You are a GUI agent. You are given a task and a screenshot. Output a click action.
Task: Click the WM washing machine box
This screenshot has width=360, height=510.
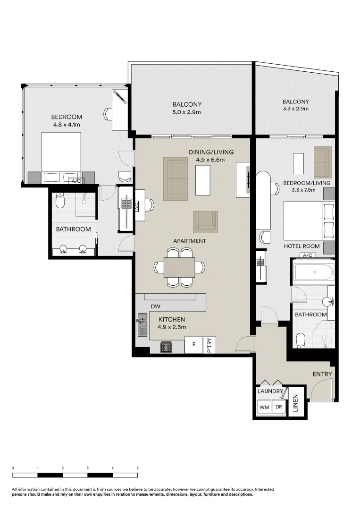[x=263, y=407]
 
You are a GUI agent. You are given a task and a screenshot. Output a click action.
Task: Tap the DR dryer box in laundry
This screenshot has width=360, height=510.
[x=278, y=407]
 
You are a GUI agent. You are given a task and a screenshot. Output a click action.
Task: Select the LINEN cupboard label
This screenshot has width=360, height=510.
[x=296, y=403]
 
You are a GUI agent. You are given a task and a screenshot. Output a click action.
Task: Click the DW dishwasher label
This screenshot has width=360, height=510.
[x=156, y=306]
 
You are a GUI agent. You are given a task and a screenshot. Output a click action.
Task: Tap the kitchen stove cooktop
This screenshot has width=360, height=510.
[x=166, y=348]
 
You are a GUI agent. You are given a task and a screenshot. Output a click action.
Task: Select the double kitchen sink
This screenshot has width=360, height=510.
[x=142, y=325]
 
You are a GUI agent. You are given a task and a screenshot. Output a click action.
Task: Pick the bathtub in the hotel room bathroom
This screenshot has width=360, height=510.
[x=313, y=273]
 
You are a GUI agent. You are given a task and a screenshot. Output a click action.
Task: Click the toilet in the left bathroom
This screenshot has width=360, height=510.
[x=59, y=201]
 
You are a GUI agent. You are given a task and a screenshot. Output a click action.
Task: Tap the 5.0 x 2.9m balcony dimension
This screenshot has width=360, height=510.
[x=187, y=112]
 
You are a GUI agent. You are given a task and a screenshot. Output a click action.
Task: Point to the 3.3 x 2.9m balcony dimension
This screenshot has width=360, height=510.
[x=295, y=109]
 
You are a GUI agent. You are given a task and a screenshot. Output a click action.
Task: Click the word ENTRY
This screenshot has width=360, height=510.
[x=322, y=374]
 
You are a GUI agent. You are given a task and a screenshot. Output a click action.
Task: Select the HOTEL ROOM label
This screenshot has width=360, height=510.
[x=301, y=246]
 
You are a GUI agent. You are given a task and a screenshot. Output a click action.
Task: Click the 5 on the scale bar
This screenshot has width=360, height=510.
[x=137, y=467]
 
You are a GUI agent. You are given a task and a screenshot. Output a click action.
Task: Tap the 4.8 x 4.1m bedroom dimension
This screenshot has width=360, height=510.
[x=67, y=125]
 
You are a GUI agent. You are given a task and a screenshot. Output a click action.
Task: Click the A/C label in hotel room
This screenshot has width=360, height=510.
[x=308, y=255]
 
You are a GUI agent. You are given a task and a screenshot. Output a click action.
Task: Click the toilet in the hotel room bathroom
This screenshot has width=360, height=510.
[x=301, y=340]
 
